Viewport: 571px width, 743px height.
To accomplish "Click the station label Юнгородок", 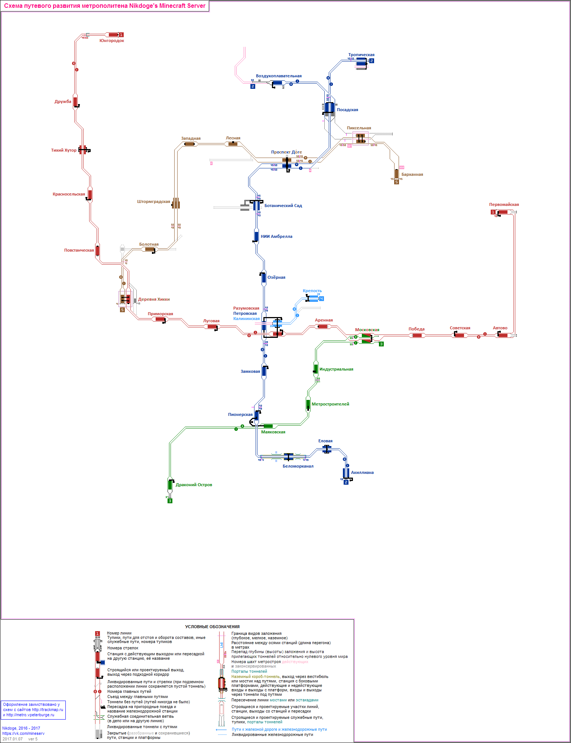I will point(111,41).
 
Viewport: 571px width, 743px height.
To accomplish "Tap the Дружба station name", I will point(63,102).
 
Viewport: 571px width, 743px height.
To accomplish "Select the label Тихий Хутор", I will point(64,151).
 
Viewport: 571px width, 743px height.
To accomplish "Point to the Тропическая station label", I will point(361,55).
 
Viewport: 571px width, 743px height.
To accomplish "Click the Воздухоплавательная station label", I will point(279,76).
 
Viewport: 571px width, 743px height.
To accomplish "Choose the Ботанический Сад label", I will point(283,206).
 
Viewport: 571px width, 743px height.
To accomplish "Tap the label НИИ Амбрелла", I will point(276,237).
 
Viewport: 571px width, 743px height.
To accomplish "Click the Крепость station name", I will point(312,291).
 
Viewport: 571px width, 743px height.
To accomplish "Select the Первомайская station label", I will point(504,205).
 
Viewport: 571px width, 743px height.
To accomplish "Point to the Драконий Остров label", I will point(194,485).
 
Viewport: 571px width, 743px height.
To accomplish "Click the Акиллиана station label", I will point(362,473).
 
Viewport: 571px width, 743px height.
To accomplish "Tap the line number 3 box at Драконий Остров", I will point(170,501).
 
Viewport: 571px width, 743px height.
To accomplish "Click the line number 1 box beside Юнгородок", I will point(121,35).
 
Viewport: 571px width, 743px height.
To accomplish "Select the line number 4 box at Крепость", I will point(321,299).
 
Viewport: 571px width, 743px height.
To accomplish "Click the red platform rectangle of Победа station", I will point(417,336).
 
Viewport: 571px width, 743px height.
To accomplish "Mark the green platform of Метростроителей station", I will point(308,404).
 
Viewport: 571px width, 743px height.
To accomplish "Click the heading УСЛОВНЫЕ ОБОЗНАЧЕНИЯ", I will point(212,627).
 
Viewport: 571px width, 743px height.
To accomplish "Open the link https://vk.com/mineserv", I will point(23,734).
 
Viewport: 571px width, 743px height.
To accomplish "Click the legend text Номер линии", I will point(119,633).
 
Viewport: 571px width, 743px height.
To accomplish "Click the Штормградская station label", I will point(153,202).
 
